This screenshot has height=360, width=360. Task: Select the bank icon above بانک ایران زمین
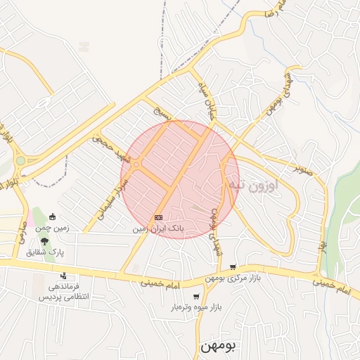(158, 218)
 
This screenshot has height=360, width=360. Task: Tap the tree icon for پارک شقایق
(44, 240)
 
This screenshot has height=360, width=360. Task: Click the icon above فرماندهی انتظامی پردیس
(63, 276)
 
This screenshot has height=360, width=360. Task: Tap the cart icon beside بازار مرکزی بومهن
(233, 267)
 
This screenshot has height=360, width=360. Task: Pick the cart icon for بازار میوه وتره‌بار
(195, 297)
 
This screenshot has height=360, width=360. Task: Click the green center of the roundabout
(20, 161)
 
